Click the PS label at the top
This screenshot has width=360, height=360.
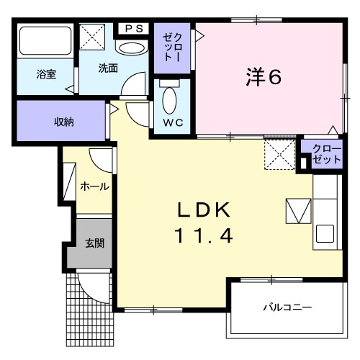(x=134, y=30)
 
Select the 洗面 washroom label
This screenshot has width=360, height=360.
(x=109, y=68)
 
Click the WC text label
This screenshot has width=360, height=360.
(x=173, y=122)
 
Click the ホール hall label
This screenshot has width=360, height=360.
(x=94, y=186)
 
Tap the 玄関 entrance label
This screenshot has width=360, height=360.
(x=94, y=243)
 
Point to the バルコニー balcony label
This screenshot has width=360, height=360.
(x=287, y=307)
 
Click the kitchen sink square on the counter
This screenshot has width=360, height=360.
(x=325, y=234)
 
